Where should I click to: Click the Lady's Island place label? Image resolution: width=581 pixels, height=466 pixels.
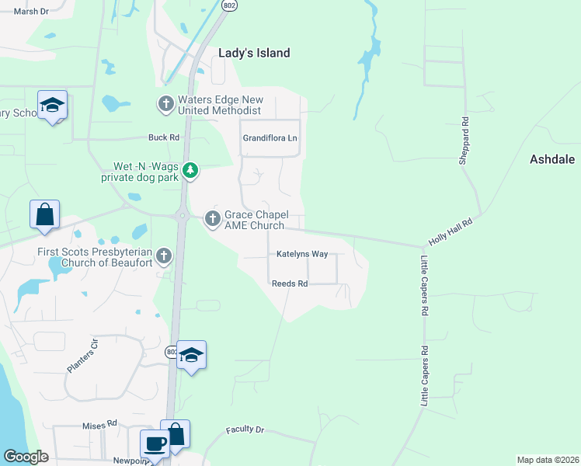click(254, 53)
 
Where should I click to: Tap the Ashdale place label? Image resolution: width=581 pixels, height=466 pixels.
click(551, 159)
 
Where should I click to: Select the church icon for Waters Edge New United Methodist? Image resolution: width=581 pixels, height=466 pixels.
click(165, 103)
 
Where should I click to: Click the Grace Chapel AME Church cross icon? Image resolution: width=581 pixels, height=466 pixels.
click(212, 220)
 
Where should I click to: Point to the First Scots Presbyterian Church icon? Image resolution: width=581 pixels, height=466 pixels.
click(163, 256)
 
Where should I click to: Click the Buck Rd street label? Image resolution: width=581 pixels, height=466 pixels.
click(164, 137)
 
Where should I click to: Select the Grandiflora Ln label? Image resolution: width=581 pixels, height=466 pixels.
click(270, 138)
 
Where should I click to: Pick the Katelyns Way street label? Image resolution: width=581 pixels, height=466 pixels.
click(302, 254)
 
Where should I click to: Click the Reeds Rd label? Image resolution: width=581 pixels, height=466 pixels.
click(290, 284)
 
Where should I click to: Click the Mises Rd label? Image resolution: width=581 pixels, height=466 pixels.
click(99, 425)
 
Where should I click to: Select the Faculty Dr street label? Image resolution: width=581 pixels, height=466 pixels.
click(245, 429)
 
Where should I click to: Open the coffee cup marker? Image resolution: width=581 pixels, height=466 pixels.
click(154, 445)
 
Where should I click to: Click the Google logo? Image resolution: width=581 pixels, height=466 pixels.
click(26, 457)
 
